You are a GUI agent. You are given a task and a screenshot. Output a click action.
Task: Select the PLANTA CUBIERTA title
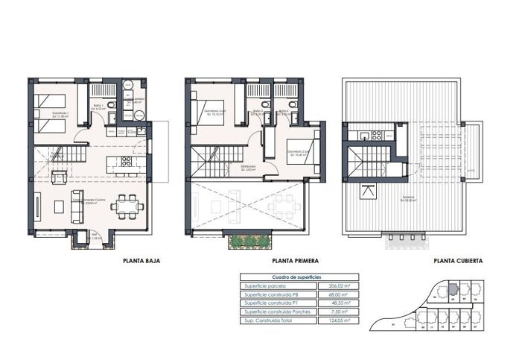(x=458, y=261)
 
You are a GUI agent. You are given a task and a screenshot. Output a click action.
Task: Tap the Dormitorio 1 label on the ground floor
(x=60, y=115)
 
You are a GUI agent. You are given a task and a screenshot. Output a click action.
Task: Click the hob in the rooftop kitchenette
(x=376, y=136)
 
